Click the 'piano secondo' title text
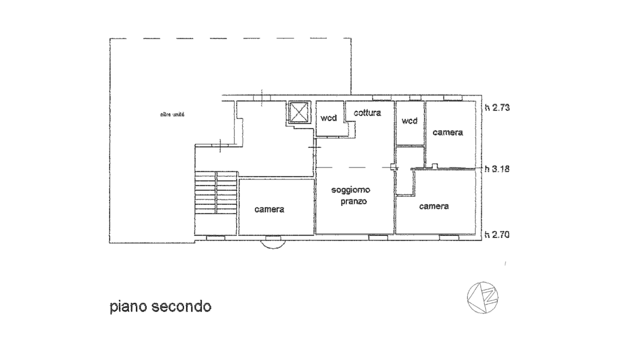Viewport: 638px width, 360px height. [x=160, y=307]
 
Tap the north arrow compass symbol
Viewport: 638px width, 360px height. [x=483, y=297]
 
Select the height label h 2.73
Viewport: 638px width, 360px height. [x=497, y=107]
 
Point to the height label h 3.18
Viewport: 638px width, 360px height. [x=497, y=169]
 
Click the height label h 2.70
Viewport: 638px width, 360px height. [x=497, y=235]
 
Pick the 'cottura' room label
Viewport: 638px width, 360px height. [x=368, y=113]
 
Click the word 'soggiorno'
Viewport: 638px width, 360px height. [x=351, y=190]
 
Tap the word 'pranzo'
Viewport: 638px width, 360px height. [x=354, y=201]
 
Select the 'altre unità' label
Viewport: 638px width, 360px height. [x=172, y=115]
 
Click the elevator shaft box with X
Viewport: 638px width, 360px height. [x=299, y=112]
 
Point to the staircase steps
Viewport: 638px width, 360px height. [x=215, y=192]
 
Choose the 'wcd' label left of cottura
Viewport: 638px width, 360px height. [x=329, y=118]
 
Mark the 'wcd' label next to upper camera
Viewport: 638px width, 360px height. [x=410, y=121]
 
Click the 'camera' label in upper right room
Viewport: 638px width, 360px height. [x=448, y=132]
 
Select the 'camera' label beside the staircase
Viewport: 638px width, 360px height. [x=269, y=209]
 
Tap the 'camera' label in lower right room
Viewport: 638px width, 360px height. [x=434, y=206]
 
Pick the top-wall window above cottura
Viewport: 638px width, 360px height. [x=382, y=98]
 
